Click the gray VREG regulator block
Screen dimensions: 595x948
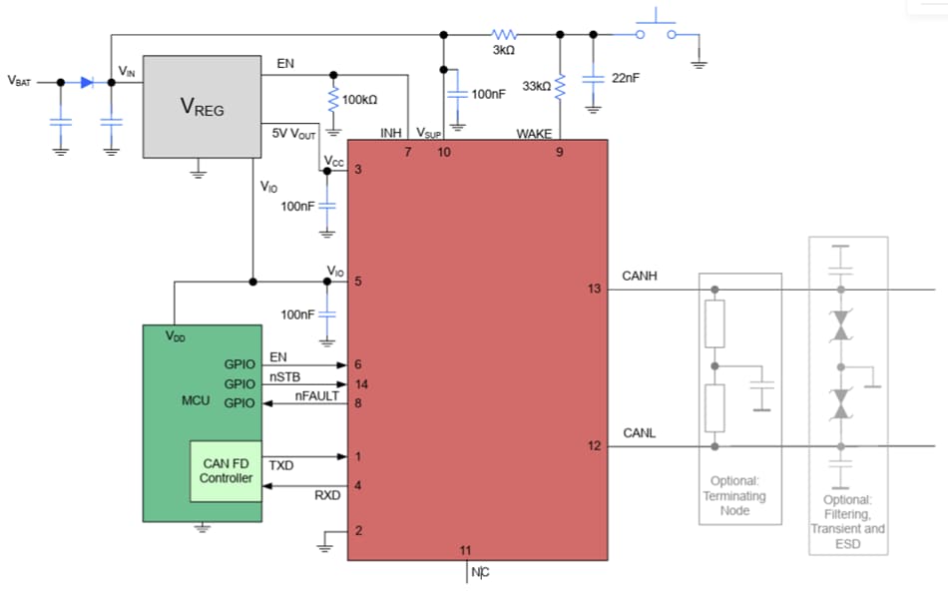203,106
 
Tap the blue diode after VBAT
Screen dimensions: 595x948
87,82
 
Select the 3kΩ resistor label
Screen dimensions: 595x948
503,50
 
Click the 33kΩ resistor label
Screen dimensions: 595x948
536,87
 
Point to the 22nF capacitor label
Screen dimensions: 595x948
626,78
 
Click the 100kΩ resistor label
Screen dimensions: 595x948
359,101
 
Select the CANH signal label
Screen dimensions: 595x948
640,275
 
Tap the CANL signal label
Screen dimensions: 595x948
639,433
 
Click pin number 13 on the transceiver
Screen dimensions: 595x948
595,290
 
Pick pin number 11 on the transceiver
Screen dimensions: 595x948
465,550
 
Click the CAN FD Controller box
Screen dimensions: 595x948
227,471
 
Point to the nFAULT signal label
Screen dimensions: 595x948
317,396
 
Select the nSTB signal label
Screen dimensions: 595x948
284,377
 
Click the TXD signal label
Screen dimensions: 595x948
281,465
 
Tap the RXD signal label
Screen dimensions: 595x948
327,494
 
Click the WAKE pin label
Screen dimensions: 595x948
534,134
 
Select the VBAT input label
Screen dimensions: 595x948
19,82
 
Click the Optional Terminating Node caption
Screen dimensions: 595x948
734,495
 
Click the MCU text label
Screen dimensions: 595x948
195,400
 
